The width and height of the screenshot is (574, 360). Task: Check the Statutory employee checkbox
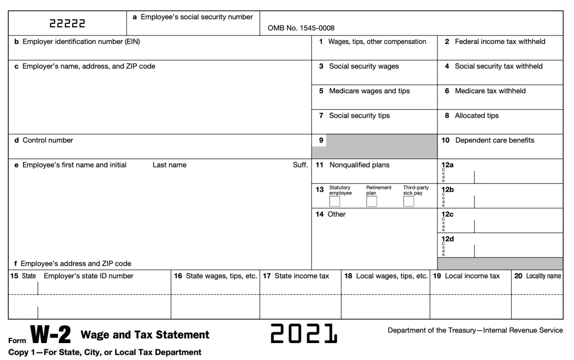[x=334, y=201]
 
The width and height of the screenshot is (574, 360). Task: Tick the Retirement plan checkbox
[x=371, y=201]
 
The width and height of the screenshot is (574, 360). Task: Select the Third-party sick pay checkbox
[x=408, y=201]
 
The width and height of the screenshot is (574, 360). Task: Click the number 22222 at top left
[x=67, y=24]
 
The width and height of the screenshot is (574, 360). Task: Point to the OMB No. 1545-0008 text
[x=301, y=28]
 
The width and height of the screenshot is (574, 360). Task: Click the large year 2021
[x=304, y=333]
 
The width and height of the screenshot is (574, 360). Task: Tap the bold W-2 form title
[x=50, y=335]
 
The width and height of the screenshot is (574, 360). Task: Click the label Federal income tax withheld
[x=500, y=41]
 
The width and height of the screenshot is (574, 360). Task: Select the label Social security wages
[x=364, y=66]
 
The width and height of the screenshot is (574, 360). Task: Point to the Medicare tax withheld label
[x=490, y=91]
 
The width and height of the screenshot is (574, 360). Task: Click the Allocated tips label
[x=477, y=115]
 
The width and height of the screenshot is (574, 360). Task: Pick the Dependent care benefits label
[x=495, y=140]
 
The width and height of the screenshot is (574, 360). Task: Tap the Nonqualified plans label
[x=359, y=165]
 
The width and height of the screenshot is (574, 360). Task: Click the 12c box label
[x=448, y=214]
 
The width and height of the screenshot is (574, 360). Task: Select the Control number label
[x=48, y=140]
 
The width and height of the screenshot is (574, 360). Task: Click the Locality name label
[x=543, y=276]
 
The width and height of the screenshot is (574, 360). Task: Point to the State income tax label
[x=302, y=276]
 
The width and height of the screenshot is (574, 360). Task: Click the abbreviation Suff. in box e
[x=300, y=165]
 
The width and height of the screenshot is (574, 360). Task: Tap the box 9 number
[x=321, y=140]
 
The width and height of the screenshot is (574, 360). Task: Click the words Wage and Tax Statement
[x=145, y=334]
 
